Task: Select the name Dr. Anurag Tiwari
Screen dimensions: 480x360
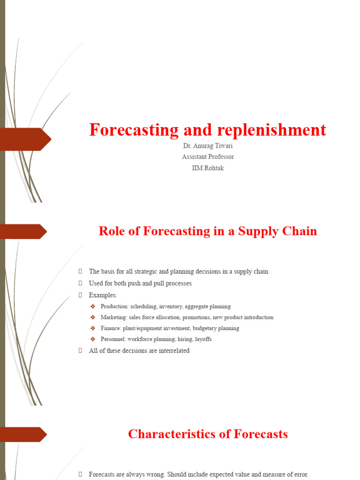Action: click(208, 146)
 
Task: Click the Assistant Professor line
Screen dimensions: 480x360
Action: click(208, 157)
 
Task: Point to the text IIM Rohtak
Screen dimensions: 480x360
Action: click(208, 168)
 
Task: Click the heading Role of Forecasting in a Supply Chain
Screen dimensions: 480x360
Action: click(208, 231)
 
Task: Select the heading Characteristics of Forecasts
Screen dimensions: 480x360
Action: click(208, 434)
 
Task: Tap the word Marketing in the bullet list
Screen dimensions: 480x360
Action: click(113, 317)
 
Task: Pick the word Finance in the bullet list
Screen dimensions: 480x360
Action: click(111, 328)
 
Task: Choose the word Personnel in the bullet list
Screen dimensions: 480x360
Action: click(113, 339)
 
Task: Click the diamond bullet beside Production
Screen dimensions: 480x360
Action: click(93, 307)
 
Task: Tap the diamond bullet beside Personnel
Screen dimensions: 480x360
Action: click(93, 339)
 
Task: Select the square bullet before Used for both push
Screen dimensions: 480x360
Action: click(81, 283)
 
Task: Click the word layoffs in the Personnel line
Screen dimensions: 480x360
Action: click(202, 339)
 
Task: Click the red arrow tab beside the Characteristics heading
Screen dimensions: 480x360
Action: click(23, 434)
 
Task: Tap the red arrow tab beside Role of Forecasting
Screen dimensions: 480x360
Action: click(23, 231)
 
